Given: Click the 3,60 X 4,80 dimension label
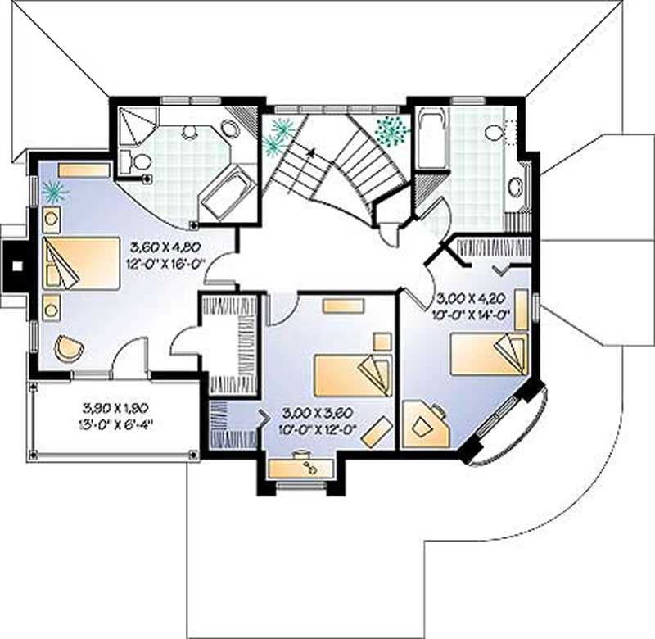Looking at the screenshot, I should coord(165,247).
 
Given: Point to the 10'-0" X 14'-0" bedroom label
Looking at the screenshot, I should coord(472,313).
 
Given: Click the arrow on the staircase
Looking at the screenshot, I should coord(310,150).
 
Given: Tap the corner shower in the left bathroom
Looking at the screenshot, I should coord(134,124).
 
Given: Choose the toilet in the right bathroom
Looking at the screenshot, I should coord(496,133).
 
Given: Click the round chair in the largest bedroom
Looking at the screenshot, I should coord(69,348).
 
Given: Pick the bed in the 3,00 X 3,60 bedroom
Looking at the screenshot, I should coord(353,374).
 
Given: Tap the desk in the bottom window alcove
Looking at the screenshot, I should coord(302,468).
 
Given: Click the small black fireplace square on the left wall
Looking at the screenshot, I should coord(17,265).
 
